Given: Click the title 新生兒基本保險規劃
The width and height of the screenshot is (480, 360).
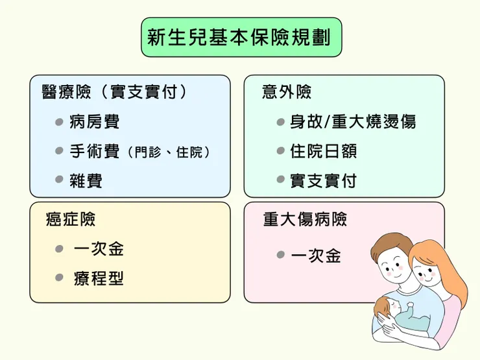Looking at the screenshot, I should [x=241, y=38].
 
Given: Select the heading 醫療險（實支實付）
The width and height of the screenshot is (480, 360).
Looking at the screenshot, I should [x=115, y=92].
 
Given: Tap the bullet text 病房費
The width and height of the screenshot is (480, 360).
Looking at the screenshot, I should [x=95, y=122].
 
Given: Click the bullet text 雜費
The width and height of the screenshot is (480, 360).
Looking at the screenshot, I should [x=86, y=181].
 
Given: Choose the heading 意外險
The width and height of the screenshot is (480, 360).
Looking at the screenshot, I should [x=287, y=92].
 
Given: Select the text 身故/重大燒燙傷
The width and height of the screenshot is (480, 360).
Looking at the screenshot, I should [x=353, y=122].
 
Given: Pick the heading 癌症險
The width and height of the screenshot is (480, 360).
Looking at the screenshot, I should [x=71, y=219].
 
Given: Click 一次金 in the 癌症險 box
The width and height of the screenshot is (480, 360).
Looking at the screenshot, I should [x=99, y=249].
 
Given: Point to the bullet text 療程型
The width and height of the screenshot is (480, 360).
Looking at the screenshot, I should [x=99, y=279].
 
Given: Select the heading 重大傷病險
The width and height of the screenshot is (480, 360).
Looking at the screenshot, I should [x=305, y=219].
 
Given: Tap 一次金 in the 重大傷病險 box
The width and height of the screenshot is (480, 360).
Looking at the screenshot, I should [x=316, y=256].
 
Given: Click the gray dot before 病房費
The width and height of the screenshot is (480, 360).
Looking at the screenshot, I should [x=59, y=122].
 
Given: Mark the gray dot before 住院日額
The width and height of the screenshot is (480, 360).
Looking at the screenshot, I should [x=280, y=152].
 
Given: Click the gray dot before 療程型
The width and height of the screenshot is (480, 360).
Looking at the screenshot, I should [x=59, y=279].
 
